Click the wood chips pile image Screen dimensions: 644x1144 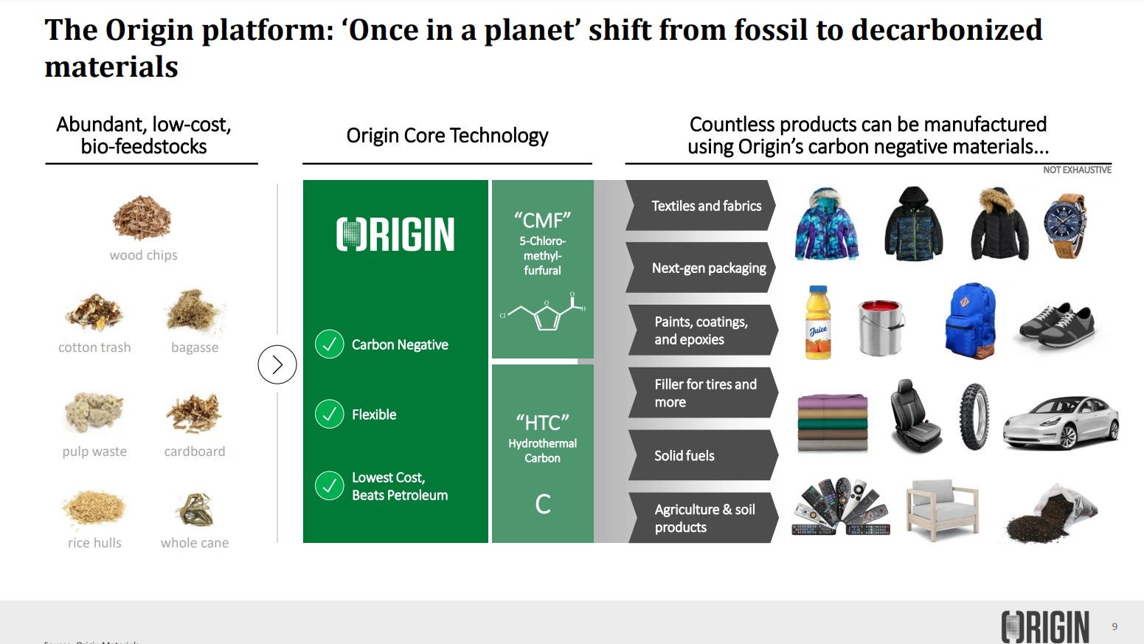[x=142, y=218]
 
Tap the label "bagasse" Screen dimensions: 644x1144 [x=195, y=347]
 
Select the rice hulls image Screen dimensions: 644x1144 [x=94, y=508]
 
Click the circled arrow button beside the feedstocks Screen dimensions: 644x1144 [x=277, y=364]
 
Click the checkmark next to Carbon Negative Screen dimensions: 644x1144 [x=329, y=344]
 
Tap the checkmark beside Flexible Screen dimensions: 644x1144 [x=329, y=415]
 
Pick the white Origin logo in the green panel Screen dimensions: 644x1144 [x=395, y=235]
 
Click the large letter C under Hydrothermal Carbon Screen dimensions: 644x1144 [x=543, y=505]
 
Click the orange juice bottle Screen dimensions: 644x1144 [x=818, y=322]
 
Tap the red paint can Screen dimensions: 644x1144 [x=881, y=327]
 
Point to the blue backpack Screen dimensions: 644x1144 [x=971, y=321]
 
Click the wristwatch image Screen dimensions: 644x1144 [x=1065, y=225]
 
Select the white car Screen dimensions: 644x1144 [x=1061, y=422]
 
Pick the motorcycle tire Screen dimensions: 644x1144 [x=973, y=417]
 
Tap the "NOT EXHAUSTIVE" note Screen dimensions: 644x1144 [x=1077, y=170]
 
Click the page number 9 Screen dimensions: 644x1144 [x=1114, y=626]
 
